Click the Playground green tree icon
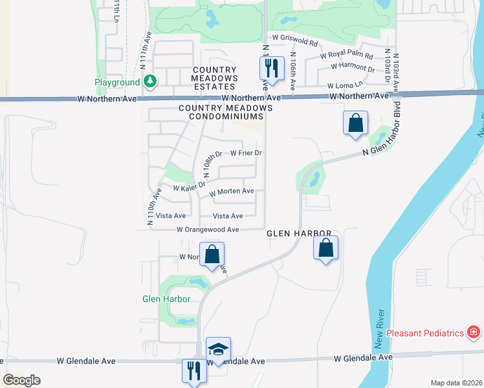151,81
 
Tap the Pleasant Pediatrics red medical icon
474,333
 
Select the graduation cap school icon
219,349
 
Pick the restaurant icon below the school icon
194,371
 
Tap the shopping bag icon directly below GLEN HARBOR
326,247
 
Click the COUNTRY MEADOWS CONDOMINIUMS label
221,112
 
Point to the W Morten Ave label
232,191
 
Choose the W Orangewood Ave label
208,230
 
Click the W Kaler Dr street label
189,186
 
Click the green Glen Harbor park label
166,299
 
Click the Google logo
21,380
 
